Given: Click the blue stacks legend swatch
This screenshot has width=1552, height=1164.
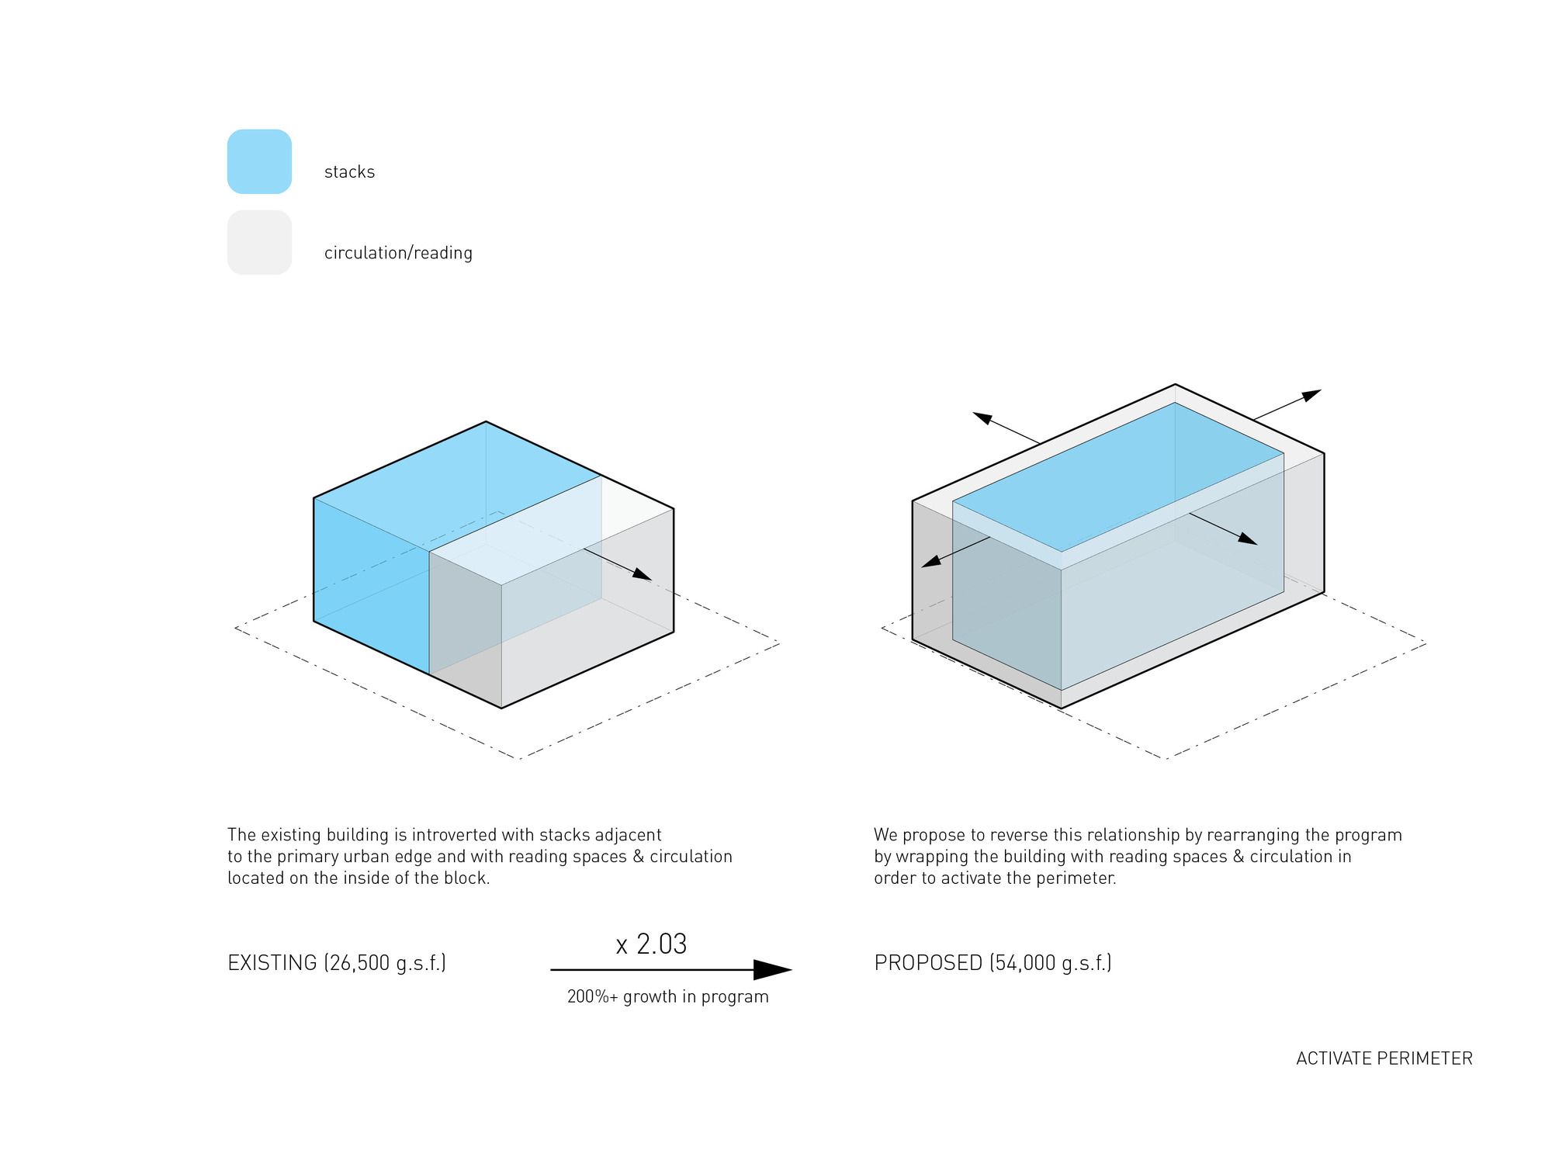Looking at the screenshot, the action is [x=259, y=161].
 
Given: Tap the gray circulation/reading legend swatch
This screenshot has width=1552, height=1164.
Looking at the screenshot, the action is [x=259, y=242].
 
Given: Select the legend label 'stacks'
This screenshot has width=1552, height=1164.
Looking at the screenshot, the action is [x=349, y=171].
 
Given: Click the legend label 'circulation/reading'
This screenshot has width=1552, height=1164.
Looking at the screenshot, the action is [x=398, y=253].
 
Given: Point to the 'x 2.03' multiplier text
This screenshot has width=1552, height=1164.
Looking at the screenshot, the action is [x=651, y=944].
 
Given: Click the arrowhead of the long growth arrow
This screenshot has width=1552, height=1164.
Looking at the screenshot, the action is [x=772, y=969].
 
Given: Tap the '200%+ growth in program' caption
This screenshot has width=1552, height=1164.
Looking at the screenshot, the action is [x=667, y=997].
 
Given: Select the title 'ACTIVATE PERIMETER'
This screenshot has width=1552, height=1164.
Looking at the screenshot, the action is [x=1384, y=1058].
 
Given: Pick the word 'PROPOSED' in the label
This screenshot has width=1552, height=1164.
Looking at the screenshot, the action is [x=928, y=963].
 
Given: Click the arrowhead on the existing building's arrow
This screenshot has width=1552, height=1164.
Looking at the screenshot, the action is [x=642, y=573].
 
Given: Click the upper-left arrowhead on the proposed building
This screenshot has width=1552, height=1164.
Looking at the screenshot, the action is [x=983, y=418].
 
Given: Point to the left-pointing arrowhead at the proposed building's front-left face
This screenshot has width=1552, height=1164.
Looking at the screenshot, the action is [x=931, y=561].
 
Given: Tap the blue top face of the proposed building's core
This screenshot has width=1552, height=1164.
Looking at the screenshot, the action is [x=1118, y=477].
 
